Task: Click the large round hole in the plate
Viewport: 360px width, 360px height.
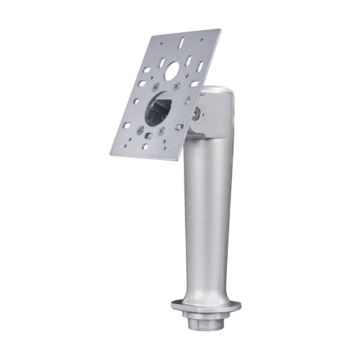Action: [173, 70]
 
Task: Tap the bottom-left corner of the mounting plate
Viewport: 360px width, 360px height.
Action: [111, 153]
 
